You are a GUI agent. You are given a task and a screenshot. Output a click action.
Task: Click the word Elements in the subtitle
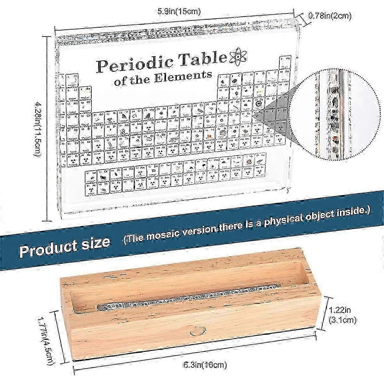185,77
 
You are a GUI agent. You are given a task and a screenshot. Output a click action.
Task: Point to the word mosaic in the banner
157,233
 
